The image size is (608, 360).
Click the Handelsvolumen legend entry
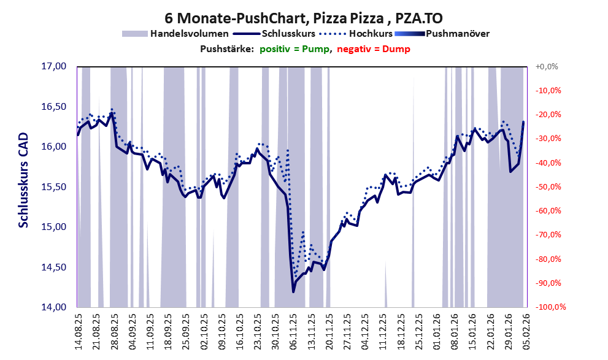click(190, 34)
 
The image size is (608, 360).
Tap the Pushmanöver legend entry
click(456, 34)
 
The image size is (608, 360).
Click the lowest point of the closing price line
click(293, 291)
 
